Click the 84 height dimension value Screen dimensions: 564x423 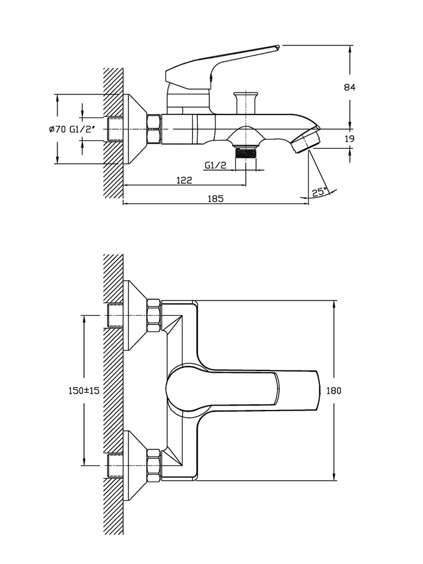(350, 87)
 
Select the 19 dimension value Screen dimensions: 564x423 (350, 139)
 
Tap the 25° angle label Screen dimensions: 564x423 (319, 192)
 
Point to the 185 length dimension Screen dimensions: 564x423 (216, 198)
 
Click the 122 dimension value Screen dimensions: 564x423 (184, 180)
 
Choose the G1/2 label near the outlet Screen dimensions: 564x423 (215, 165)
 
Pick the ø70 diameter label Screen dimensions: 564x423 (58, 129)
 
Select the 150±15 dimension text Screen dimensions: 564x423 (83, 390)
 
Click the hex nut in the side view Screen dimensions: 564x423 (154, 129)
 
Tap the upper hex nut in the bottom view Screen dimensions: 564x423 (153, 315)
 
